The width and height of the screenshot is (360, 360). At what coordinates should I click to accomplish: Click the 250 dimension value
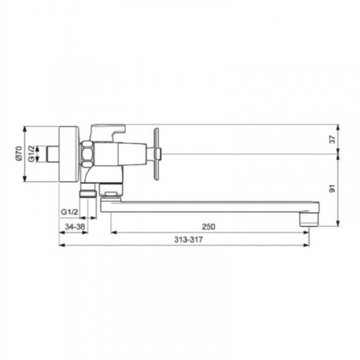[x=209, y=227]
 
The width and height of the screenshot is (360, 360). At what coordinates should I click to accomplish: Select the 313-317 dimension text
[x=189, y=240]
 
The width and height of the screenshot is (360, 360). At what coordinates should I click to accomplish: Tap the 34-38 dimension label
[x=75, y=227]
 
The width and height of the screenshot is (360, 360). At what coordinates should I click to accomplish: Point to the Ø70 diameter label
[x=19, y=154]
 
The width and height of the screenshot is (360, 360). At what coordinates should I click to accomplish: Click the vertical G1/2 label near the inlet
[x=32, y=154]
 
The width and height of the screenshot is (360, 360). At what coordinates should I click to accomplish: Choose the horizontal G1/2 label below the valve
[x=70, y=212]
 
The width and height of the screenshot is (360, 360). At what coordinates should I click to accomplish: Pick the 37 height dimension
[x=332, y=140]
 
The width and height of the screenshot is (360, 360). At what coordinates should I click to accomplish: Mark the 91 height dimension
[x=332, y=189]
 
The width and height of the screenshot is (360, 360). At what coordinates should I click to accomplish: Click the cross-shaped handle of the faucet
[x=156, y=154]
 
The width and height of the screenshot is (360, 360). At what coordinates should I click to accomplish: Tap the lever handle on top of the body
[x=108, y=132]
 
